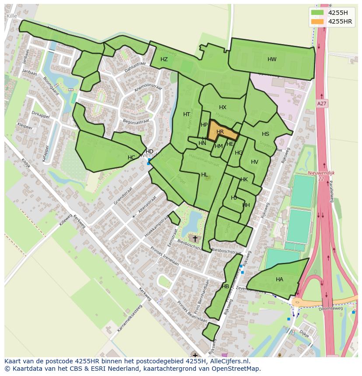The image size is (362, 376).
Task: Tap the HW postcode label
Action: click(x=272, y=59)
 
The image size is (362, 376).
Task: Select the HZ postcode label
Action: click(x=164, y=59)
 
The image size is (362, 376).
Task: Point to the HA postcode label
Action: click(x=279, y=279)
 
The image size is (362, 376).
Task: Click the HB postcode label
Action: click(x=225, y=286)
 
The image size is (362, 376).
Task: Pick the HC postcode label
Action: click(x=131, y=157)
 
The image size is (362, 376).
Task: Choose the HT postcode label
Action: click(x=187, y=114)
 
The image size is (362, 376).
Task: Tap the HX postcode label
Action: click(x=223, y=107)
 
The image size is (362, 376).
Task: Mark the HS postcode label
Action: click(x=265, y=134)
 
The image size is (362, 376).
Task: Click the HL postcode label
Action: click(x=204, y=175)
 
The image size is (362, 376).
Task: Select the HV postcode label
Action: click(x=254, y=162)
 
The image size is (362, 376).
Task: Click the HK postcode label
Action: click(x=244, y=179)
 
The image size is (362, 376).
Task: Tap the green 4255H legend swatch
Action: click(x=317, y=13)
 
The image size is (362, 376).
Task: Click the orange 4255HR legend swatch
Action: click(x=317, y=21)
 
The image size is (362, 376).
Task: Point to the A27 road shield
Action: click(x=322, y=103)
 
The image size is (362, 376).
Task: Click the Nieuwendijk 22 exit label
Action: click(x=321, y=176)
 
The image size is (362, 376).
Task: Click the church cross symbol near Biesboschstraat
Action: click(x=195, y=238)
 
